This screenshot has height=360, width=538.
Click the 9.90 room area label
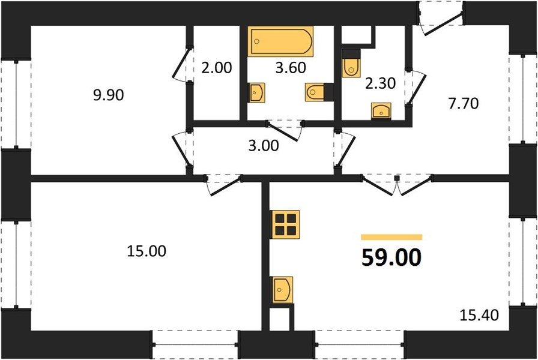[109, 95]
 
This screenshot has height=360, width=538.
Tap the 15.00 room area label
[147, 251]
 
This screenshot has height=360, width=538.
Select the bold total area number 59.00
[391, 257]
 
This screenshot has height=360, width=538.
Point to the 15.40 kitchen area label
[479, 315]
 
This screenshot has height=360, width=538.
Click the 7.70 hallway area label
[464, 103]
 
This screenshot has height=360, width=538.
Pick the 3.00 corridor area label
[264, 146]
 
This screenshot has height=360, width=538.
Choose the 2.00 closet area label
[217, 68]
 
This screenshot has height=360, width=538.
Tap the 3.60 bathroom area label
[291, 68]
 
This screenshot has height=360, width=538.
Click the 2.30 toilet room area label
[381, 83]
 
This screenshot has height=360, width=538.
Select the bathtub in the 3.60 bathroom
[280, 41]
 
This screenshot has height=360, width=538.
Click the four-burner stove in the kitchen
[285, 224]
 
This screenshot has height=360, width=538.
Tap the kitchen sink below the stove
[283, 290]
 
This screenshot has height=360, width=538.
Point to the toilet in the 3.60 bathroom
[316, 92]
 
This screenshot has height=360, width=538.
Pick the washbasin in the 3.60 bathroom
[256, 92]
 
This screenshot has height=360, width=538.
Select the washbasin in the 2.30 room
[381, 111]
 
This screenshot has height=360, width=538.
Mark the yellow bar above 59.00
[391, 237]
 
